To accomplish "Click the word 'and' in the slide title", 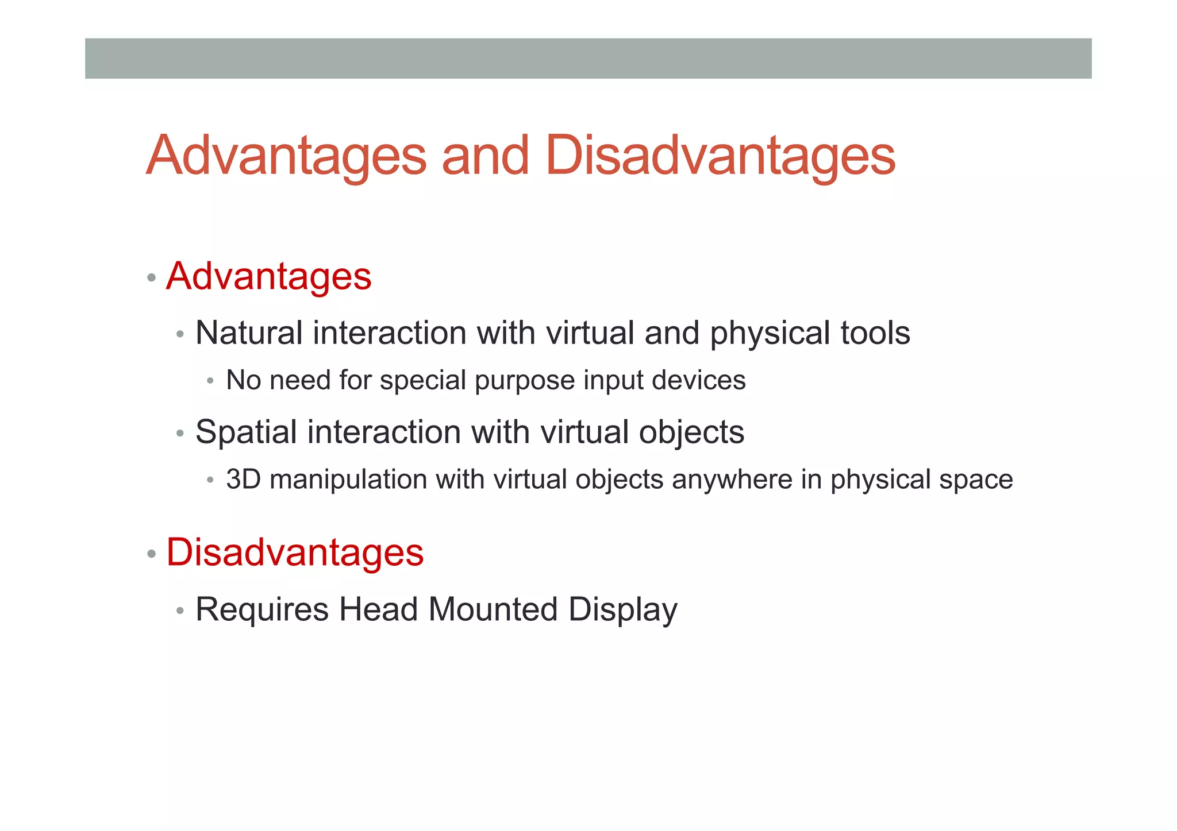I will (x=484, y=156).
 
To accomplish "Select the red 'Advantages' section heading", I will (x=269, y=276).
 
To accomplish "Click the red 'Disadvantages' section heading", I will (x=295, y=552).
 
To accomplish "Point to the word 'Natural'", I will (x=249, y=333).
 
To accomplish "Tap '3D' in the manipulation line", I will (x=244, y=480).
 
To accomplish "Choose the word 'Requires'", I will (x=262, y=609).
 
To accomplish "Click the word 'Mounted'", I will (x=493, y=609).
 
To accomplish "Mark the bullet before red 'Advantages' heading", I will (x=151, y=279).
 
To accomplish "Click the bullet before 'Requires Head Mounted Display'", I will (x=180, y=611).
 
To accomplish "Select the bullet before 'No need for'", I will (x=210, y=381).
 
